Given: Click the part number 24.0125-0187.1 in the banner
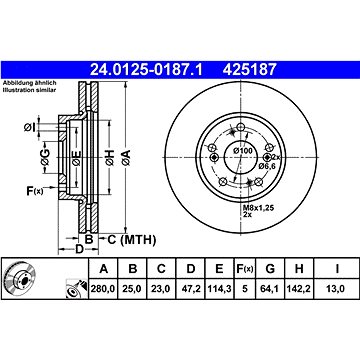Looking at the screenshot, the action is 146,70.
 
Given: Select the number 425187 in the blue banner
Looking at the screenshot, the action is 250,70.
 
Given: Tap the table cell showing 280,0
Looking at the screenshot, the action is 103,289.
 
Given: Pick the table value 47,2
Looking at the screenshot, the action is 191,289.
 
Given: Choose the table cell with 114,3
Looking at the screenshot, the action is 219,289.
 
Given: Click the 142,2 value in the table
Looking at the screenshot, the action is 299,289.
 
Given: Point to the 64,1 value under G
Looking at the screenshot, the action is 269,289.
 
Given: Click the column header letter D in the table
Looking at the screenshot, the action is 191,269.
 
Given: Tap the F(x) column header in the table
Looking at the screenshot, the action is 245,269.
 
